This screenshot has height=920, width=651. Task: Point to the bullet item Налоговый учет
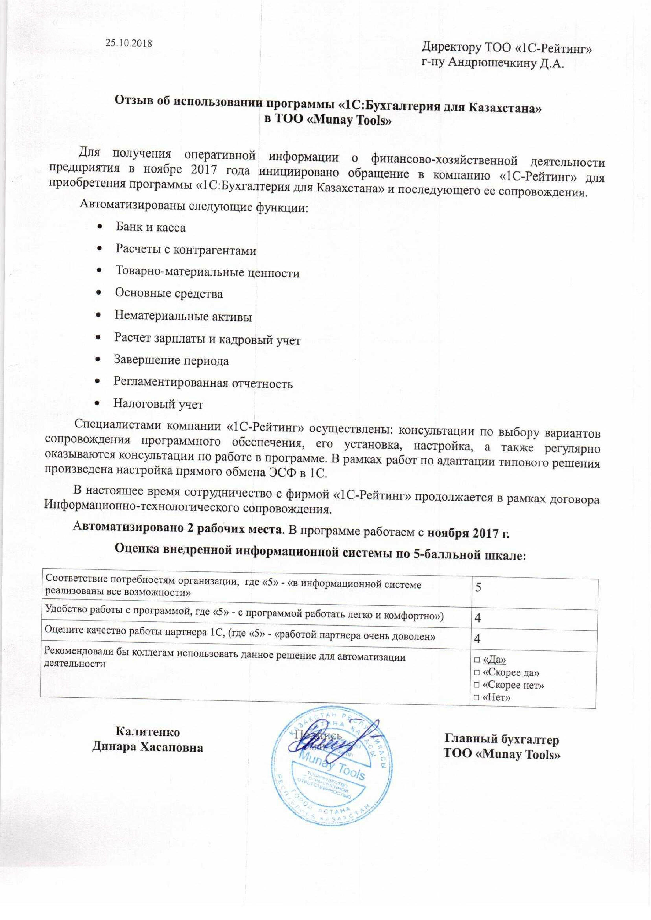(x=158, y=404)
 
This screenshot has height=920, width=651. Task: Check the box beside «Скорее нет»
(x=477, y=685)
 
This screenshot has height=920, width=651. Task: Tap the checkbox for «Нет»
(x=477, y=698)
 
